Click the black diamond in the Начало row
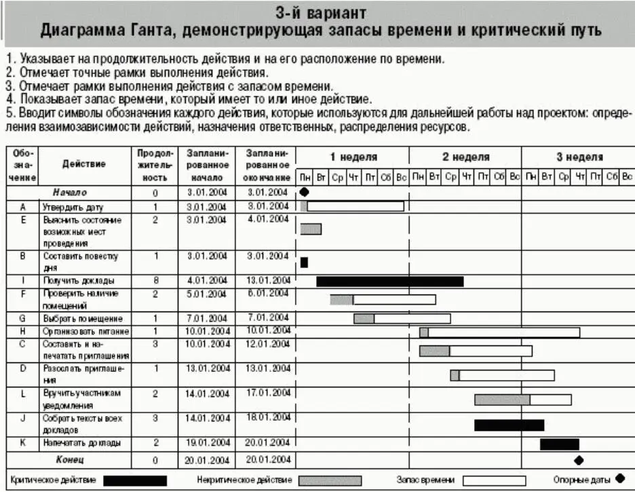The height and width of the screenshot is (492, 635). [304, 192]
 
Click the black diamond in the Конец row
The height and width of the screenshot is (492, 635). [579, 459]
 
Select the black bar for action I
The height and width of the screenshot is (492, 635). [389, 281]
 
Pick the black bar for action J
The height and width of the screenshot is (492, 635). [509, 425]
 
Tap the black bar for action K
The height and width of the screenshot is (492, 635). [559, 444]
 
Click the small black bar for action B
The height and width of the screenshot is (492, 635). [304, 262]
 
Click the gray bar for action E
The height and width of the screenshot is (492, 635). [311, 229]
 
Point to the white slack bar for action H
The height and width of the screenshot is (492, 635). [503, 333]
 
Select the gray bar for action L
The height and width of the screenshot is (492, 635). [502, 400]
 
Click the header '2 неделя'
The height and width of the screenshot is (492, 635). [465, 157]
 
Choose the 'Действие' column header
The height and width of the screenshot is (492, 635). [84, 164]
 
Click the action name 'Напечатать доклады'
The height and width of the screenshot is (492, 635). [82, 443]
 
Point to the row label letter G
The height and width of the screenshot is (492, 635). [23, 318]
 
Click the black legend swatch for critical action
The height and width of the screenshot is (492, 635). [135, 480]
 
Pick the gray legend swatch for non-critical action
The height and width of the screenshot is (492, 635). [330, 480]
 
